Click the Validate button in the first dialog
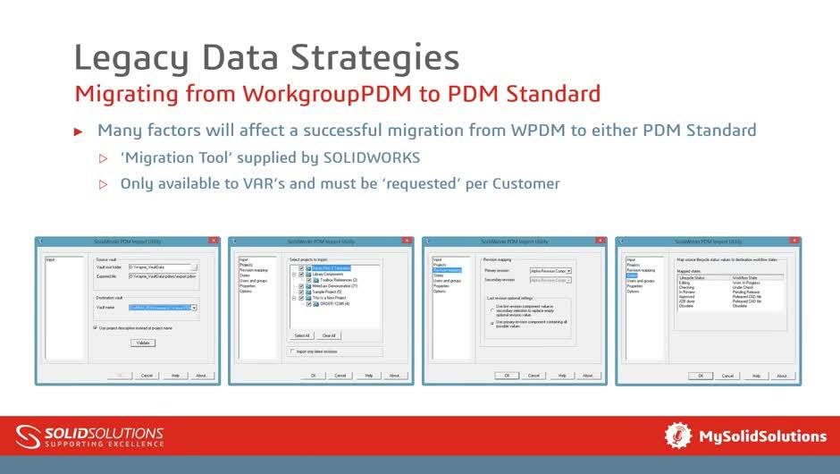[141, 343]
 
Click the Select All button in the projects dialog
[302, 335]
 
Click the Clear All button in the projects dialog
[329, 335]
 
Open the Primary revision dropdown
[568, 270]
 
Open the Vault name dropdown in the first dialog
[194, 308]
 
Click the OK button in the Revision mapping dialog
[506, 376]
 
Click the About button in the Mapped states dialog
[781, 376]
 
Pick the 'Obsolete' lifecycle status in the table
[687, 307]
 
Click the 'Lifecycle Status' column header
[693, 277]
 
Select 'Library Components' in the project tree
[328, 275]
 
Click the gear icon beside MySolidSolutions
[678, 436]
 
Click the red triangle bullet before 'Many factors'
[78, 131]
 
